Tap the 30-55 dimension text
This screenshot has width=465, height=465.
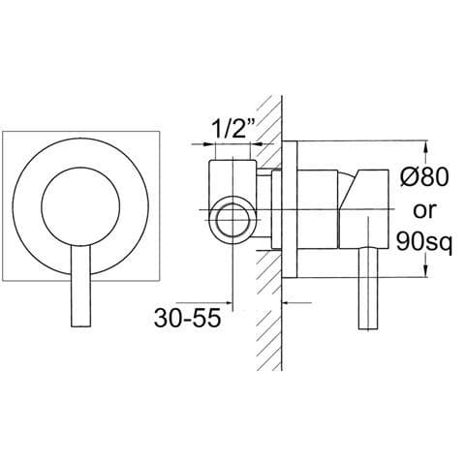[x=188, y=318]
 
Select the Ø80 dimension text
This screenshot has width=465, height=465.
[x=424, y=177]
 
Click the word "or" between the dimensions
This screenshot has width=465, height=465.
[x=424, y=210]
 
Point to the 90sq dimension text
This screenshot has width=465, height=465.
[x=423, y=242]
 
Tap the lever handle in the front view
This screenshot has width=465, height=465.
[x=80, y=284]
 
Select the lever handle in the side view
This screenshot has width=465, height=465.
[x=368, y=288]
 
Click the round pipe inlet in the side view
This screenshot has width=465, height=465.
[x=232, y=220]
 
